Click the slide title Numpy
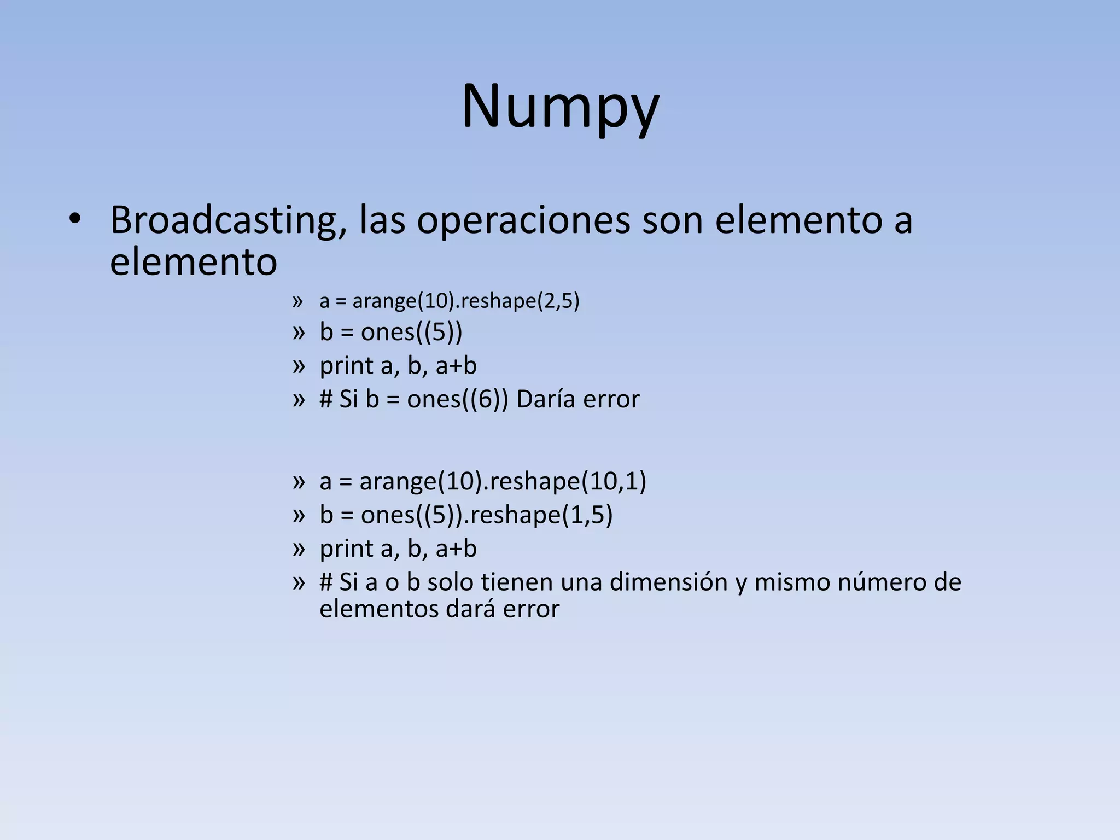pos(560,107)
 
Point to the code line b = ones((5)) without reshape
pos(390,332)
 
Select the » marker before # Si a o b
pos(298,582)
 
